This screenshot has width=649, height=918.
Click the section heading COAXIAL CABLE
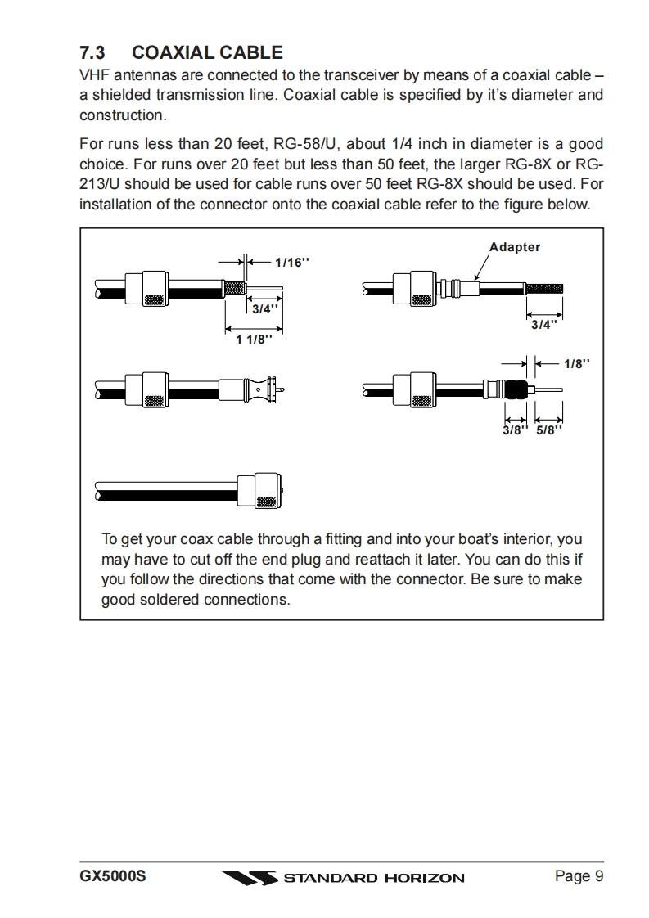pos(207,53)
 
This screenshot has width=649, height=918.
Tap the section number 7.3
pos(92,53)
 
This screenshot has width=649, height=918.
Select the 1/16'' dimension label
pos(293,262)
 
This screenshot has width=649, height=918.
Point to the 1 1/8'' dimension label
pos(254,340)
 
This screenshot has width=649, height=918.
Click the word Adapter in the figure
pos(515,247)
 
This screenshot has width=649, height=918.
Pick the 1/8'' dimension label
pos(577,363)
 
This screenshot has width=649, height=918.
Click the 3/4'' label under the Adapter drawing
pos(543,324)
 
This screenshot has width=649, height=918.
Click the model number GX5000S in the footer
pos(113,877)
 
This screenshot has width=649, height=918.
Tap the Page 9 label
pos(579,877)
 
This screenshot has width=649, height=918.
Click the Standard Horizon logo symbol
pos(249,878)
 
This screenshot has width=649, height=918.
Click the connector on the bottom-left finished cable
pos(264,491)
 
